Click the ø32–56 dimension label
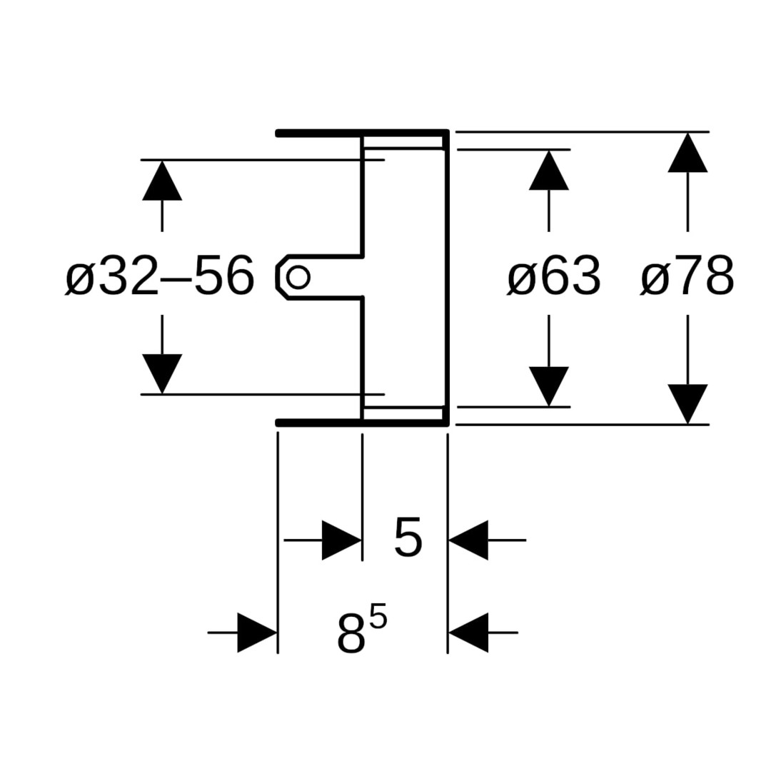click(159, 276)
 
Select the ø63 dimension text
click(554, 276)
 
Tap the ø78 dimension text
click(687, 276)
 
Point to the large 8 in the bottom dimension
click(351, 633)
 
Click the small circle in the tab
click(298, 276)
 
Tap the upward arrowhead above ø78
click(687, 153)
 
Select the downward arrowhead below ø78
click(687, 403)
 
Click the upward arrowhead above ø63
click(548, 171)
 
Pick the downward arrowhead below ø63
click(548, 385)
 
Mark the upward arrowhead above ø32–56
click(162, 181)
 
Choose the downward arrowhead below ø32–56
click(162, 373)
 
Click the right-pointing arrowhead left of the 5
click(341, 540)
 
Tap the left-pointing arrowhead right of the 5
click(469, 540)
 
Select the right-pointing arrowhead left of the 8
click(256, 633)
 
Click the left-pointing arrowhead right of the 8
click(469, 633)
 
